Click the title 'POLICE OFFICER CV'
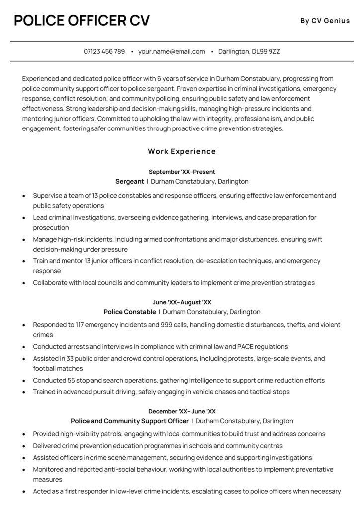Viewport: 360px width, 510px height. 82,20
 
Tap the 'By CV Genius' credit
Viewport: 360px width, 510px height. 325,20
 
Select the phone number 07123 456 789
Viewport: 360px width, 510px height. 104,51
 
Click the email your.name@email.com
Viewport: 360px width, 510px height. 172,51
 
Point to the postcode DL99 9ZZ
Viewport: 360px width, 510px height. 266,51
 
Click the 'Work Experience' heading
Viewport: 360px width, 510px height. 182,151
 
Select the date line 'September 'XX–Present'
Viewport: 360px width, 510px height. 182,172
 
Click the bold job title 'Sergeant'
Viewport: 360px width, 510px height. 129,182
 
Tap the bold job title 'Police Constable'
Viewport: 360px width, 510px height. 129,312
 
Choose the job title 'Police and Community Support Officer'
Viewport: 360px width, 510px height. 129,421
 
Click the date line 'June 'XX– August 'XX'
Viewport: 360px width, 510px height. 182,302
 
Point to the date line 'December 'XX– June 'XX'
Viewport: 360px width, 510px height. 182,411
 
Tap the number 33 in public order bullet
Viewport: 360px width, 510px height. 69,359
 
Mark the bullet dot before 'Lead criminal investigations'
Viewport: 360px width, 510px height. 24,218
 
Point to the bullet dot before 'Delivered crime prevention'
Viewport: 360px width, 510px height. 24,446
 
